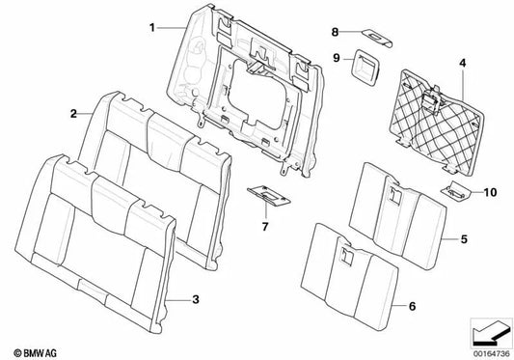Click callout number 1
click(x=152, y=28)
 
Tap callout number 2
click(x=73, y=114)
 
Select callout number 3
click(x=196, y=299)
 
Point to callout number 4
click(x=462, y=63)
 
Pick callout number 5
click(x=464, y=239)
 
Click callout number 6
click(x=412, y=306)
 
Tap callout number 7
click(x=265, y=226)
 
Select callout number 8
click(x=335, y=32)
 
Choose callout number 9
click(x=337, y=59)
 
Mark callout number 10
click(x=490, y=192)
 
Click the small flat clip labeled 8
click(x=377, y=38)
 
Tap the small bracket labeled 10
click(x=456, y=191)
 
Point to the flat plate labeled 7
click(x=269, y=196)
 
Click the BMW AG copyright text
click(x=35, y=353)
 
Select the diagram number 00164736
click(x=492, y=354)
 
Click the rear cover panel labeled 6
click(x=350, y=277)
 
